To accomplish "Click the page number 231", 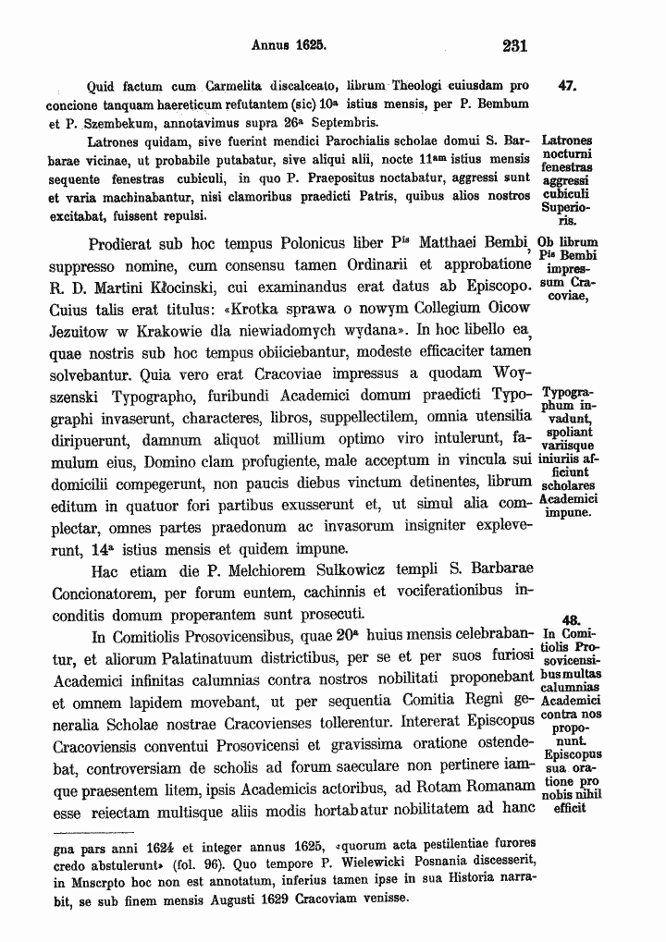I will point(513,43).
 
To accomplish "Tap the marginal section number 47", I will point(569,86).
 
